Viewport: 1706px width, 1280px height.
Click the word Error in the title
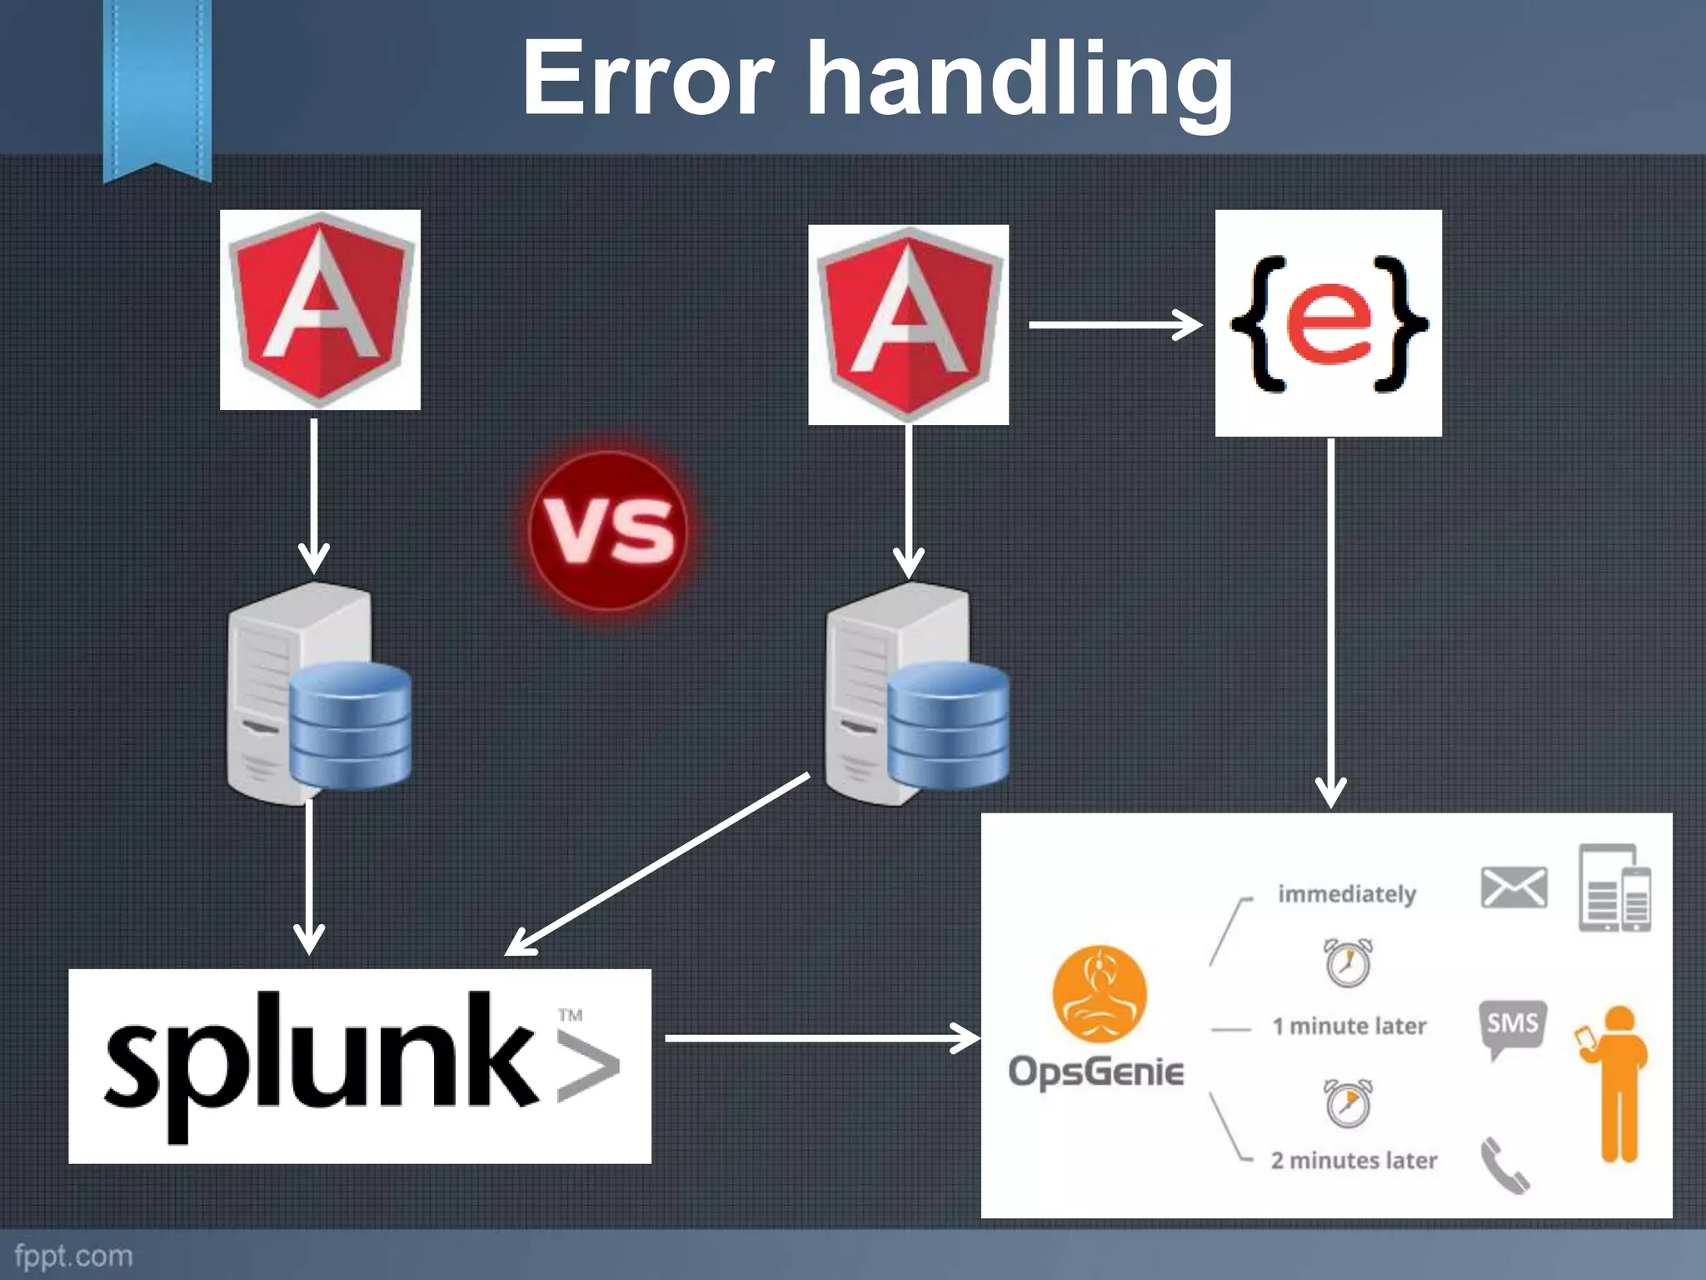(x=648, y=79)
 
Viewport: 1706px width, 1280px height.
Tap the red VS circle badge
(x=609, y=531)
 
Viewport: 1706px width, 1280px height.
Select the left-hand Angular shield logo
(x=320, y=309)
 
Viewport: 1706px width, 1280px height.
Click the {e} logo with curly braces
(x=1328, y=323)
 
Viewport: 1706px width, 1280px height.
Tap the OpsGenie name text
(x=1095, y=1072)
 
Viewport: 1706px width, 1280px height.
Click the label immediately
(x=1346, y=894)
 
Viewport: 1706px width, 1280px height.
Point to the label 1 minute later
(x=1349, y=1026)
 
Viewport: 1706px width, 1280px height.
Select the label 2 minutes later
(x=1354, y=1160)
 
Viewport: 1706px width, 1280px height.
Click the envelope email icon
(x=1514, y=887)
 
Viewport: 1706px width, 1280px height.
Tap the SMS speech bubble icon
(x=1512, y=1027)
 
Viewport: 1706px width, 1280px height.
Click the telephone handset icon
(x=1504, y=1165)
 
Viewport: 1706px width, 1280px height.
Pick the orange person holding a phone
(x=1616, y=1083)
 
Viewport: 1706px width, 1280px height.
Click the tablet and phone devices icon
(x=1614, y=888)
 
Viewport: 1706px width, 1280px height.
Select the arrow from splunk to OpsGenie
(x=821, y=1038)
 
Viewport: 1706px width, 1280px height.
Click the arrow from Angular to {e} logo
(x=1115, y=324)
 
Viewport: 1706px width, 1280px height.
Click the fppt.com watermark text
(x=73, y=1255)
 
